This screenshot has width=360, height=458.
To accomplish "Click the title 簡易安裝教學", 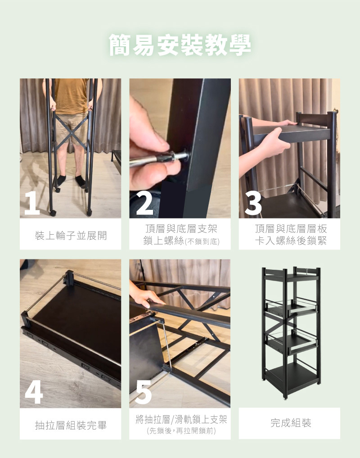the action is point(180,45).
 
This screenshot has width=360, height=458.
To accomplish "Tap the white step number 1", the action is point(32,203).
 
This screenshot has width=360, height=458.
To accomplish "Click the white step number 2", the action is point(144,203).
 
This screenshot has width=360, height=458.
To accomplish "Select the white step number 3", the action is point(253,203).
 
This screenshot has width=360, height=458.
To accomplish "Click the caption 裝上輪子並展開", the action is point(71,236).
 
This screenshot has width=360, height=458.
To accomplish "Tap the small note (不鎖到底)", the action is point(202,241).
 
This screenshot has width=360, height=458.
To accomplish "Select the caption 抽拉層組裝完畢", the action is point(71,425).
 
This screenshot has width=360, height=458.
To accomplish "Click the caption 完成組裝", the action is point(291,423).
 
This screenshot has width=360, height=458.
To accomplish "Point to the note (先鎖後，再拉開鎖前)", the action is point(181,431).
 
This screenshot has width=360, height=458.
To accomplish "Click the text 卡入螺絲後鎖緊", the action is point(291,240).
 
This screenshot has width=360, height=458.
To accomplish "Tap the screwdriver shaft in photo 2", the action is point(152,159).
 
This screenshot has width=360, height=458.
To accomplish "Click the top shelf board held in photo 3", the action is point(292,132).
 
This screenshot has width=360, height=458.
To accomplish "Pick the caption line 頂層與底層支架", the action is point(181,228).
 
